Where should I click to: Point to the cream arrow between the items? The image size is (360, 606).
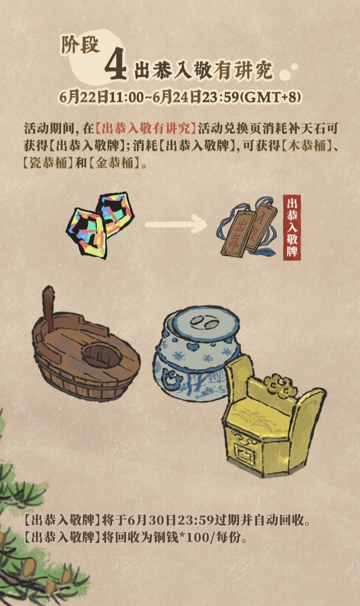click(x=176, y=224)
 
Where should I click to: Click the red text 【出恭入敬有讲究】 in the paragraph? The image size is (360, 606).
click(x=146, y=128)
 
